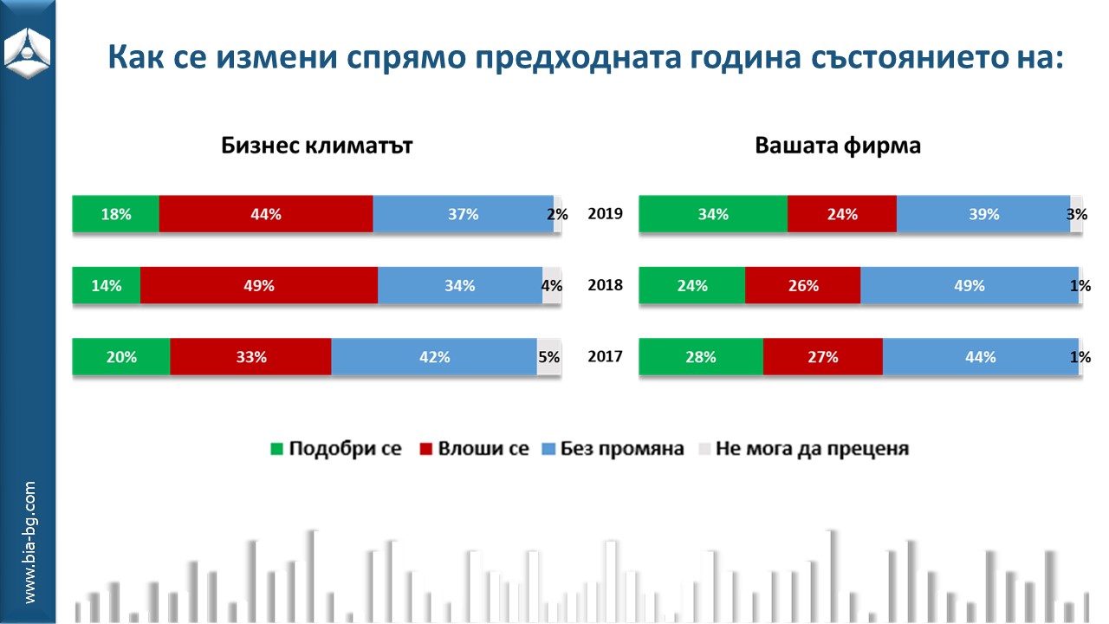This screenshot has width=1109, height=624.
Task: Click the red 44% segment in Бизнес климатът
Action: pos(266,214)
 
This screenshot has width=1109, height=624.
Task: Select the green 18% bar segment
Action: pos(116,214)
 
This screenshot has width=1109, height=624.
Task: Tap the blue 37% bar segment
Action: pos(464,214)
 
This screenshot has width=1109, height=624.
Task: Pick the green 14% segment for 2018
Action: pos(107,285)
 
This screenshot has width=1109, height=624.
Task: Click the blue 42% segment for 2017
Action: pos(434,356)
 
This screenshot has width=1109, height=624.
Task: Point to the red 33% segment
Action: pos(250,356)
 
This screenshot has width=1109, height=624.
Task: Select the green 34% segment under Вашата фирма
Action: pos(713,214)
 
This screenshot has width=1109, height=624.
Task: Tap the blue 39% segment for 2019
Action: pos(983,214)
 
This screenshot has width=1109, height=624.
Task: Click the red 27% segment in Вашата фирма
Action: pos(823,356)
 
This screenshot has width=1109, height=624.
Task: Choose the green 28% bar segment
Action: pos(701,356)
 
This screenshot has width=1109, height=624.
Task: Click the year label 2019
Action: pos(605,213)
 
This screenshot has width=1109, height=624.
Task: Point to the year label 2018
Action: pos(605,285)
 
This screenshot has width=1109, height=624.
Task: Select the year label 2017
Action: pos(605,356)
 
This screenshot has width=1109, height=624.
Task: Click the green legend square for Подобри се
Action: pos(276,449)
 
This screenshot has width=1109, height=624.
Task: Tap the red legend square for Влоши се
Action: pos(425,449)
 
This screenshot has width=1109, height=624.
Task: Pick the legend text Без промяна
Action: pos(622,448)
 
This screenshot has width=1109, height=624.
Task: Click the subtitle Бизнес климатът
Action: pos(317,146)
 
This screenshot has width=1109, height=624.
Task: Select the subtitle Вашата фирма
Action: pos(838,146)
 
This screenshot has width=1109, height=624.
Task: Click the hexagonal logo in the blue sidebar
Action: pos(27,53)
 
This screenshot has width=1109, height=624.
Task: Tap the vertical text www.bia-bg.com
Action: pos(29,542)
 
